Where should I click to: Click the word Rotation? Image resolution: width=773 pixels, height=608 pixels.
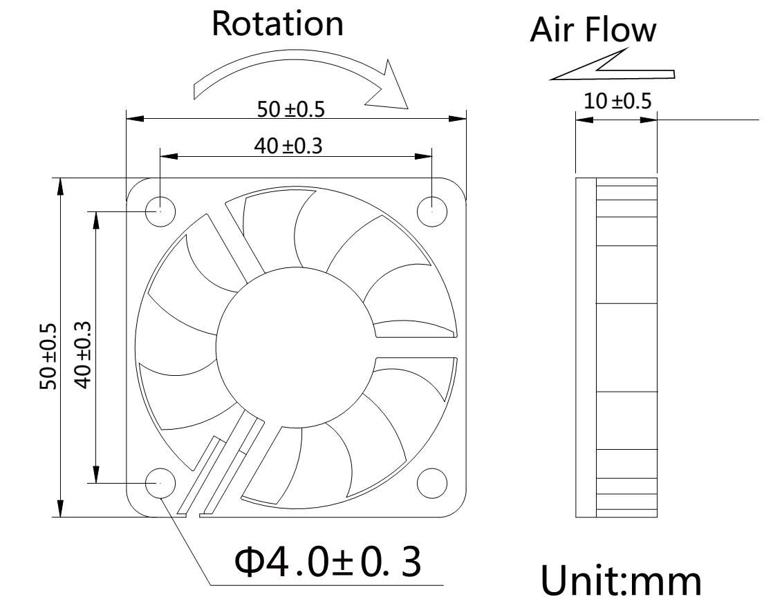pyautogui.click(x=277, y=23)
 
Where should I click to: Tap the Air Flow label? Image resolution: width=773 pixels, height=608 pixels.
pyautogui.click(x=593, y=30)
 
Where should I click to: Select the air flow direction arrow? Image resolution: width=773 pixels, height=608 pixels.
pyautogui.click(x=612, y=68)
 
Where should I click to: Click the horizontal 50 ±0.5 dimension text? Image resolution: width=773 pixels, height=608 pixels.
pyautogui.click(x=290, y=108)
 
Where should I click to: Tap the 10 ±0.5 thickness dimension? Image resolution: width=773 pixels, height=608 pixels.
pyautogui.click(x=617, y=102)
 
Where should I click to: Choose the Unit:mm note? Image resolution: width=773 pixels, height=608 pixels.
pyautogui.click(x=620, y=580)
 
